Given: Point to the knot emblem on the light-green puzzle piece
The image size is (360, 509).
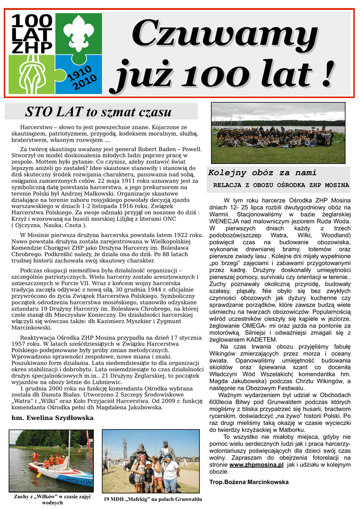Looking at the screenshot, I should point(32,74).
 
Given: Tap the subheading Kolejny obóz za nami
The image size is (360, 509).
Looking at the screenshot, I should point(262,173).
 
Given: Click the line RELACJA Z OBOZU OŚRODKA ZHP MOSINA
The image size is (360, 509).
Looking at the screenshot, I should point(281,185).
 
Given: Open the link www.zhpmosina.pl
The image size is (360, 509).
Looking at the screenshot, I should point(256,464).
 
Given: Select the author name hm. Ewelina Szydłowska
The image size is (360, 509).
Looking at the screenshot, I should point(52,418).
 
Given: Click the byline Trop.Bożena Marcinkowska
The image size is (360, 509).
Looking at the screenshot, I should point(249,482).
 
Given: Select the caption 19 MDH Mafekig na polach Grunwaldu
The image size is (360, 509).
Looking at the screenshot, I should point(152,499).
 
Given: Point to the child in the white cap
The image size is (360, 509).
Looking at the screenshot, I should point(148,473).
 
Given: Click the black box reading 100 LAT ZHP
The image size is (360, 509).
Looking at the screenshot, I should point(31,34).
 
